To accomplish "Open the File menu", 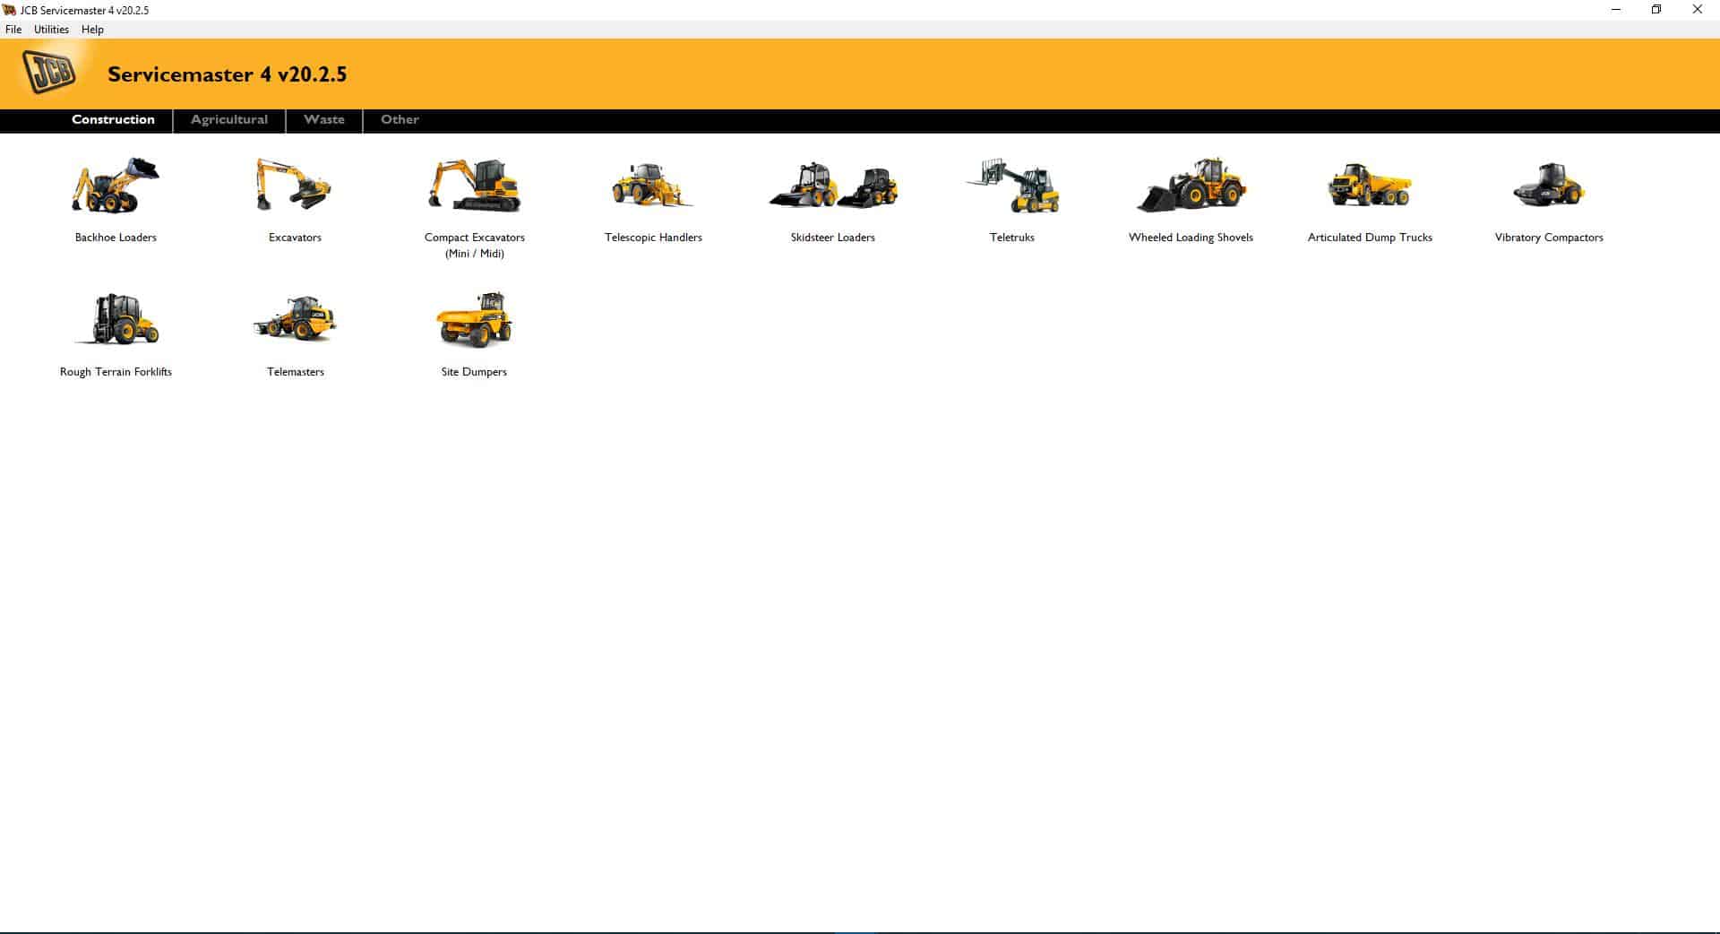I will pyautogui.click(x=13, y=30).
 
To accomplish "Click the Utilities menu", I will pyautogui.click(x=51, y=30).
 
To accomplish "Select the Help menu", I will pyautogui.click(x=92, y=30).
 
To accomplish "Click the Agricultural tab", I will pyautogui.click(x=229, y=120).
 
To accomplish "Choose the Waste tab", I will pyautogui.click(x=324, y=120).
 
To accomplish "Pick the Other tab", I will pyautogui.click(x=400, y=120).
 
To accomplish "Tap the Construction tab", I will pyautogui.click(x=113, y=120).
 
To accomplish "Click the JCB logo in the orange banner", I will pyautogui.click(x=50, y=73).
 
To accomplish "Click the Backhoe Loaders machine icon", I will pyautogui.click(x=116, y=186).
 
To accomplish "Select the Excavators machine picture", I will pyautogui.click(x=294, y=186).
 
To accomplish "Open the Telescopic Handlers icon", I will pyautogui.click(x=652, y=186).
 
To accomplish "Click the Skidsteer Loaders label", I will pyautogui.click(x=832, y=238).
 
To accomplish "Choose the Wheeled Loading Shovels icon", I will pyautogui.click(x=1191, y=186).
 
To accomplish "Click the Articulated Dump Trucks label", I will pyautogui.click(x=1370, y=238).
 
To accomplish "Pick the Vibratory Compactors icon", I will pyautogui.click(x=1549, y=186).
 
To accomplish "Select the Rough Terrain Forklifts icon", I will pyautogui.click(x=116, y=320).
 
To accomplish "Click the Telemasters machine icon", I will pyautogui.click(x=295, y=320).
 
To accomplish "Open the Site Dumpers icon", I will pyautogui.click(x=474, y=320).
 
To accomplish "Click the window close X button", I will pyautogui.click(x=1697, y=10).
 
